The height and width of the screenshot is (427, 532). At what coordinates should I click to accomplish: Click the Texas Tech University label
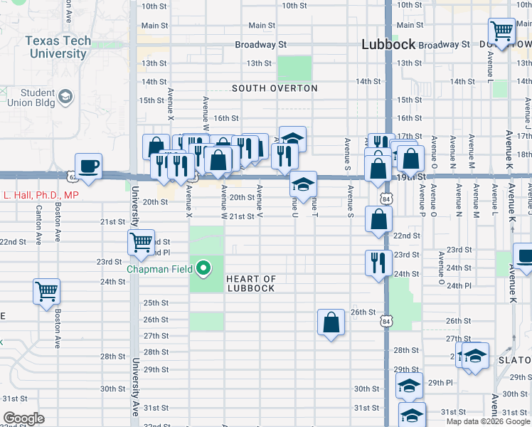click(59, 47)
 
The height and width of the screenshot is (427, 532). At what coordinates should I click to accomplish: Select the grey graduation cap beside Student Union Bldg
click(65, 96)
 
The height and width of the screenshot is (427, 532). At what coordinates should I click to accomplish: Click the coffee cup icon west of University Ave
click(88, 166)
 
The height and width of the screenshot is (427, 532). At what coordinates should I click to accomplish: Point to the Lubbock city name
click(388, 44)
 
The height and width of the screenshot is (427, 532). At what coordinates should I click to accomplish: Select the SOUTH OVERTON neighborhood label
click(275, 88)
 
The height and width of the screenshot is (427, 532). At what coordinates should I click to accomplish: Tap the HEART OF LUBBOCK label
click(250, 283)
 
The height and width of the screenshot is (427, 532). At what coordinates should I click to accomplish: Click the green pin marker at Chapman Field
click(204, 268)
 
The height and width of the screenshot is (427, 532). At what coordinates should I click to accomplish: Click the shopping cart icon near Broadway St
click(501, 31)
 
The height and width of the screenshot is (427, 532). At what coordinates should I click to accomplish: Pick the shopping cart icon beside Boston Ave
click(46, 290)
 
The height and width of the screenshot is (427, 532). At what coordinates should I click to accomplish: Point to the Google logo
click(24, 418)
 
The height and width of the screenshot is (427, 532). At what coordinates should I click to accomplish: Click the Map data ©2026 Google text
click(488, 421)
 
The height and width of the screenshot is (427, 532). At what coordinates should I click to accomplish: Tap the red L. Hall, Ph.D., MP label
click(40, 195)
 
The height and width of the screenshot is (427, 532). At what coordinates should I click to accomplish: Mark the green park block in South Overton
click(294, 68)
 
